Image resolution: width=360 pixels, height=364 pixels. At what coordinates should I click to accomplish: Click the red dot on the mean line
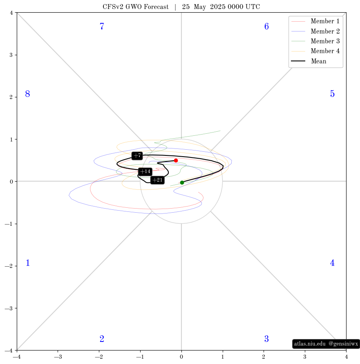(x=176, y=160)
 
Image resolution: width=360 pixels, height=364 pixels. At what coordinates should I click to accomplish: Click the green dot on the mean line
(x=182, y=183)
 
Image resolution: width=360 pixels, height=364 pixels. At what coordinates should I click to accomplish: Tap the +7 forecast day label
(x=137, y=155)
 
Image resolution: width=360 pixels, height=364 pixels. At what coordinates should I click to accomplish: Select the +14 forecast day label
(x=145, y=171)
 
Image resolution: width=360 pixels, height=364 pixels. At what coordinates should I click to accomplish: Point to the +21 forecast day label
(x=157, y=180)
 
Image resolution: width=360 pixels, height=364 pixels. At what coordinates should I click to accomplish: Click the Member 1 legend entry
(x=315, y=21)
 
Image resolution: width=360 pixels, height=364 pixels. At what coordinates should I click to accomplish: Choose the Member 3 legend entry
(x=315, y=41)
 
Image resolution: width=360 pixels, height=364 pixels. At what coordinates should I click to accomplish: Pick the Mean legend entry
(x=309, y=61)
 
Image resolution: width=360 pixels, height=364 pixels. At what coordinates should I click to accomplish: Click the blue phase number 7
(x=102, y=26)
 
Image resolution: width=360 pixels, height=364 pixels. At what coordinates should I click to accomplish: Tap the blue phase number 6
(x=266, y=26)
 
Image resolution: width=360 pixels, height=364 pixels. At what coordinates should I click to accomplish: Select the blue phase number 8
(x=27, y=94)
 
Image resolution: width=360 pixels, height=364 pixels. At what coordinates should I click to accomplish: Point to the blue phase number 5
(x=332, y=94)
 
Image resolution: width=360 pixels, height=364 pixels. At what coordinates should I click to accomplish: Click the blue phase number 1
(x=28, y=263)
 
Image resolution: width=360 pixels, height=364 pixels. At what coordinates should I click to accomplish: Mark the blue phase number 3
(x=266, y=339)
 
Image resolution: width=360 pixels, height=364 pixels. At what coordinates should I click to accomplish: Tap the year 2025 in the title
(x=218, y=7)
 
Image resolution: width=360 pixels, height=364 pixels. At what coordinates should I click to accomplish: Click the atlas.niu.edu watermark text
(x=310, y=344)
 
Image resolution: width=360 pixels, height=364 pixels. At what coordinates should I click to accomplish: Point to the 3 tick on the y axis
(x=11, y=55)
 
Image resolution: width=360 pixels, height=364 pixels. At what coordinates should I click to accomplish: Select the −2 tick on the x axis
(x=99, y=357)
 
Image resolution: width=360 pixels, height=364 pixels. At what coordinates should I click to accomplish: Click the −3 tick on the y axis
(x=9, y=308)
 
